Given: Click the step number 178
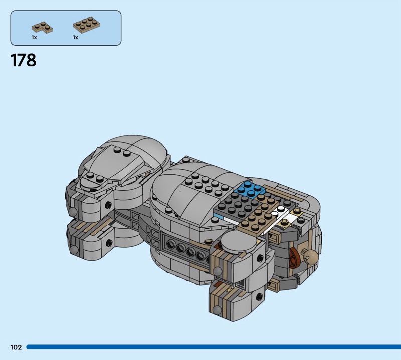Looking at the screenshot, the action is click(x=23, y=60).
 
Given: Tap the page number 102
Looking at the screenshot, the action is click(x=16, y=347).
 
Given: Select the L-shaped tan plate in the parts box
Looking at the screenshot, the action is click(x=42, y=28).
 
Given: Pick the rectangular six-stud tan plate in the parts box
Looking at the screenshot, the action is click(x=86, y=23).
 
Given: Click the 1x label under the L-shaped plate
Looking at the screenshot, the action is click(x=34, y=38).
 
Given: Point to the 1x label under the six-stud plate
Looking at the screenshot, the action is click(x=75, y=38).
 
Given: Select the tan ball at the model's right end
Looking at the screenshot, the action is click(x=312, y=256).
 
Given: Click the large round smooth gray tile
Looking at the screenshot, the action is click(x=238, y=242).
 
